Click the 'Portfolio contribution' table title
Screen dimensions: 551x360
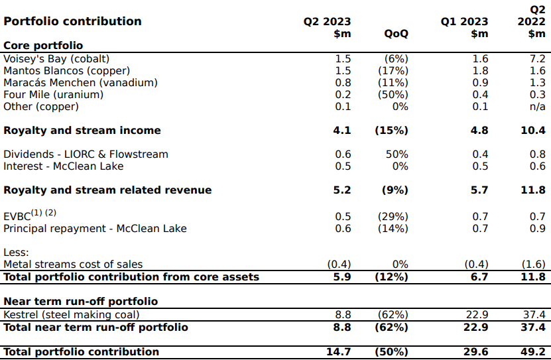click(x=72, y=21)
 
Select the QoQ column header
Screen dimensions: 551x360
click(x=396, y=34)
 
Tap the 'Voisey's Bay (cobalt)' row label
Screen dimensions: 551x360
click(x=56, y=59)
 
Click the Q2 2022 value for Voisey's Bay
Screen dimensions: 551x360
click(x=537, y=58)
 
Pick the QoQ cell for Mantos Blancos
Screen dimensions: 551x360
click(x=393, y=71)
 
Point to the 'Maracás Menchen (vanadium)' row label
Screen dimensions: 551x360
click(x=80, y=82)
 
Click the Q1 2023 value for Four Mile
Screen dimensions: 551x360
click(x=480, y=95)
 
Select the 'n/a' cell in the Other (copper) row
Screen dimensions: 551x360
click(x=538, y=107)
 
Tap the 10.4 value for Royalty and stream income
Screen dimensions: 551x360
click(x=533, y=131)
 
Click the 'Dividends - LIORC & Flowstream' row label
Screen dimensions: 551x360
click(x=86, y=154)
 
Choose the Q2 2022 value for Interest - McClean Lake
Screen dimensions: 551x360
click(x=538, y=166)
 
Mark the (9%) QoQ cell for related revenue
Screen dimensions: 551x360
click(x=395, y=190)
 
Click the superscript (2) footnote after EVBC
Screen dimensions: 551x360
click(x=50, y=213)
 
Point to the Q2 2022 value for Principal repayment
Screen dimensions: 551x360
click(x=538, y=228)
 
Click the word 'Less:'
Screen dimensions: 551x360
click(x=16, y=252)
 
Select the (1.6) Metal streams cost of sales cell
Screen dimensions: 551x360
click(x=534, y=264)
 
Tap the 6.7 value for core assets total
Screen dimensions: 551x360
click(x=480, y=276)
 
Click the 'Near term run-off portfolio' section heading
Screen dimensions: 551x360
click(x=80, y=302)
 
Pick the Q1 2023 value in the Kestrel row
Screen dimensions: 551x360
click(x=476, y=315)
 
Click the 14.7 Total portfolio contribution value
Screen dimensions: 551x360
click(x=338, y=351)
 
